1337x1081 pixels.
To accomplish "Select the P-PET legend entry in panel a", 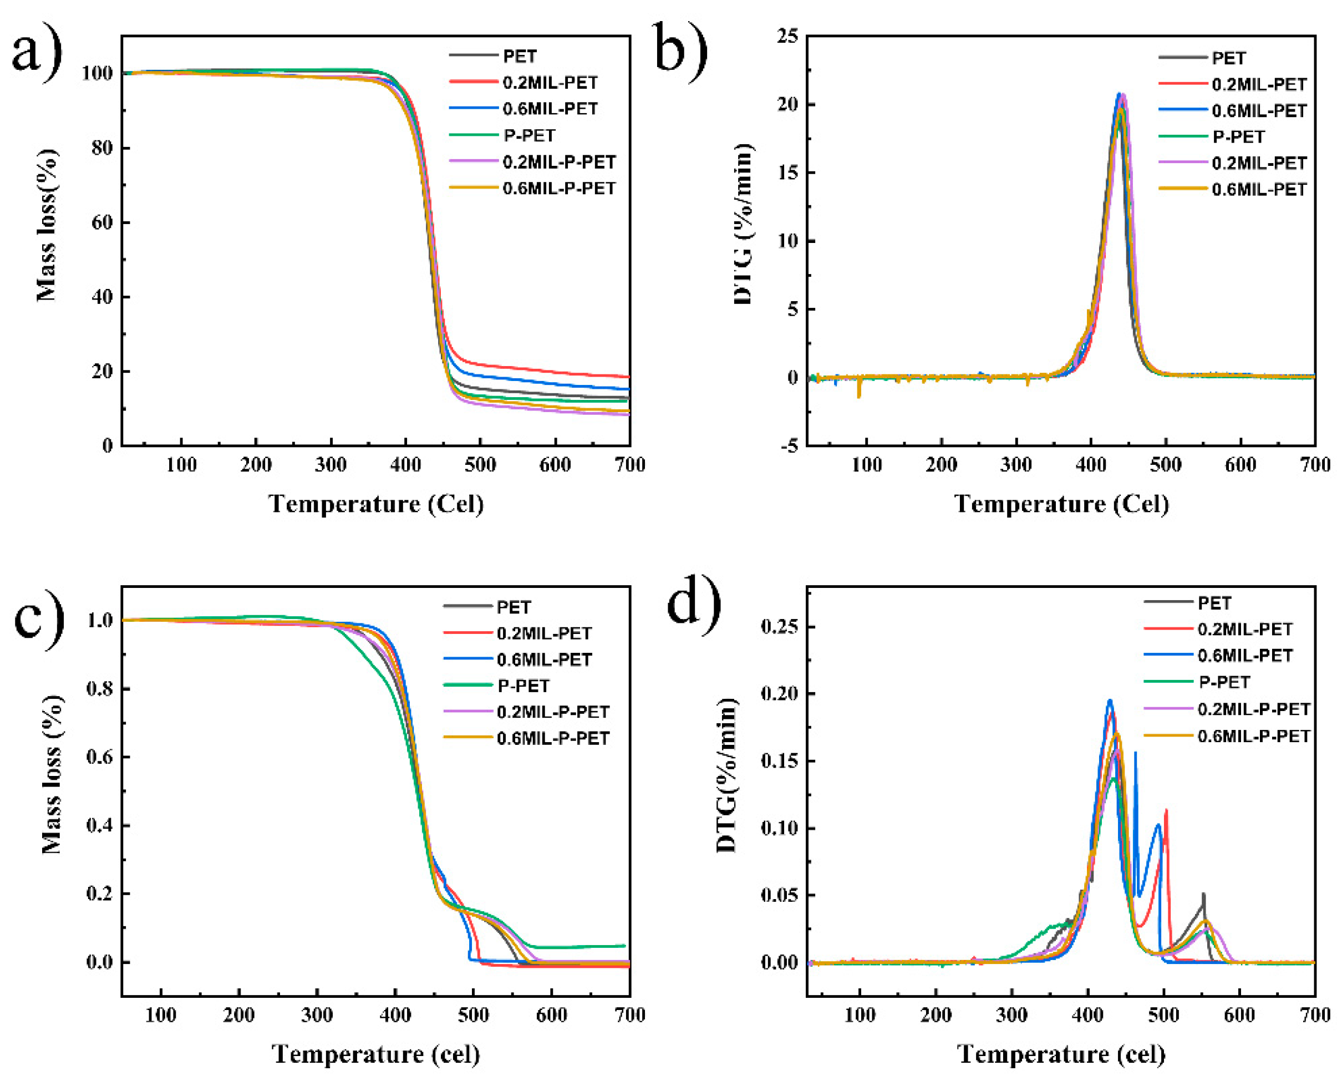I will [529, 135].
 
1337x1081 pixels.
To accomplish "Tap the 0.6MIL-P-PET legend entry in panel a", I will [558, 188].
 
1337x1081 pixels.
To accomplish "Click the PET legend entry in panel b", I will [1228, 58].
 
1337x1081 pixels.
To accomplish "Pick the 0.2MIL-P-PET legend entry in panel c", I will [553, 711].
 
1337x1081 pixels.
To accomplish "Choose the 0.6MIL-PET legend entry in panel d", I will [1245, 655].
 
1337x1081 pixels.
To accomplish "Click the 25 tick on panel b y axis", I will [787, 36].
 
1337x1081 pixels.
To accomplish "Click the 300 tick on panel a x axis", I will [331, 465].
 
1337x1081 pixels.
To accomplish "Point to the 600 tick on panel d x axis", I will [1239, 1015].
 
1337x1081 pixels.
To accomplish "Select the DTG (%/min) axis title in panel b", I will [743, 224].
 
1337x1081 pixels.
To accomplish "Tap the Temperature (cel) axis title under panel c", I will [375, 1054].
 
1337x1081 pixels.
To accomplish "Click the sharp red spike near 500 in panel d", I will [1166, 811].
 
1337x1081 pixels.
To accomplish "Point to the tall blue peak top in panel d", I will [1109, 701].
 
